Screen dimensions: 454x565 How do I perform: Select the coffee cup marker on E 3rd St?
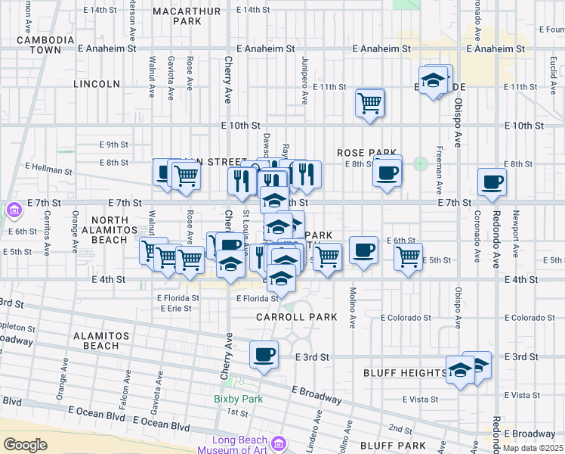264,355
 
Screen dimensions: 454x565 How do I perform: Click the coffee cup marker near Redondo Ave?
492,182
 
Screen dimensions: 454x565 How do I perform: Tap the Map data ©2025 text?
533,448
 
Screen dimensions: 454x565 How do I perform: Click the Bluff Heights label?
404,373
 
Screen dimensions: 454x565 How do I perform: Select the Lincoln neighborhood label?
97,84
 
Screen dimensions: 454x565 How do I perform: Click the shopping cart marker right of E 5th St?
408,258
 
